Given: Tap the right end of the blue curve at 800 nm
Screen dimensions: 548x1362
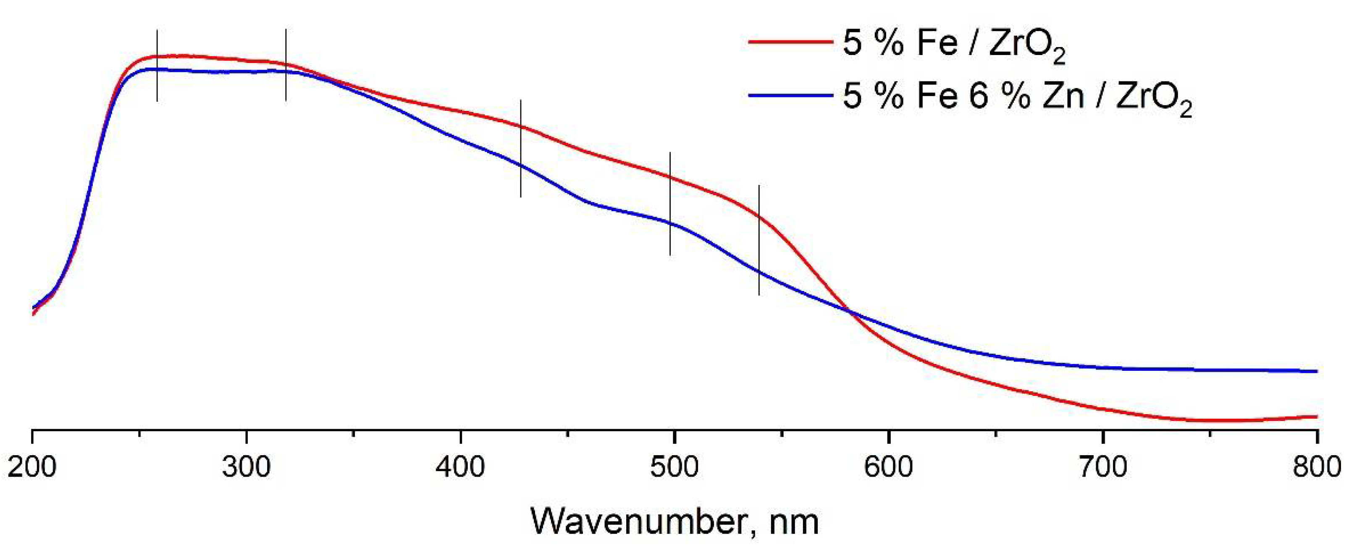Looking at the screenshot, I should click(x=1315, y=371).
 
